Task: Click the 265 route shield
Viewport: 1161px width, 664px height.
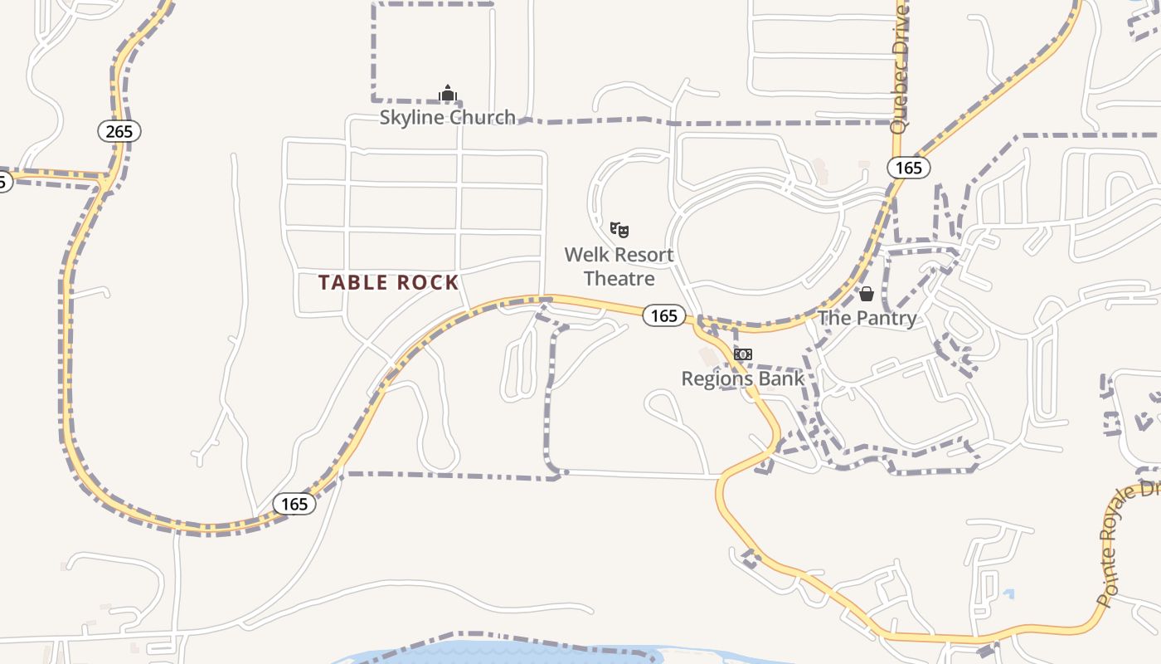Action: (x=119, y=131)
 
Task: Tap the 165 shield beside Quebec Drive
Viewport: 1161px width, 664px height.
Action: (x=908, y=168)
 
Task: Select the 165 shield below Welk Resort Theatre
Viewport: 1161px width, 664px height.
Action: (x=663, y=315)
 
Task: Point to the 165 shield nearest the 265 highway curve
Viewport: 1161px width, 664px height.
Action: (x=294, y=504)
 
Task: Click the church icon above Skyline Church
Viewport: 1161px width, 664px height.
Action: (x=448, y=93)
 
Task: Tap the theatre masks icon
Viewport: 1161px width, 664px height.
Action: (x=619, y=230)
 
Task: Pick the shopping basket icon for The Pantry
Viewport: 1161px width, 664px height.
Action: (x=867, y=294)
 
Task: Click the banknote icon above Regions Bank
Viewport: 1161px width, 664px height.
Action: (x=742, y=354)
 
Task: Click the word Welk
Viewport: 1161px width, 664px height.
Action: (x=588, y=254)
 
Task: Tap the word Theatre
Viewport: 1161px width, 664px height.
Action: (x=619, y=278)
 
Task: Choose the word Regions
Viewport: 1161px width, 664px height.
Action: (x=716, y=379)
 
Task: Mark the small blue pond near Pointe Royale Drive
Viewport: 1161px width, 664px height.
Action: (x=1008, y=594)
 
